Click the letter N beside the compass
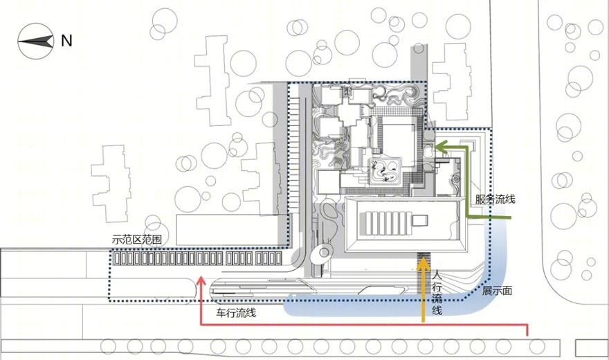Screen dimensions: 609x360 [66, 40]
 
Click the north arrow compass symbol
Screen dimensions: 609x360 [36, 41]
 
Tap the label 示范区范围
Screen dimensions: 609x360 [137, 240]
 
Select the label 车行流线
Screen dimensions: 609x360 [236, 313]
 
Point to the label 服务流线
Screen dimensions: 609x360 [496, 199]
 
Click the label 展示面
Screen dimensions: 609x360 [497, 291]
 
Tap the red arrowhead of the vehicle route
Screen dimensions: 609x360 [201, 280]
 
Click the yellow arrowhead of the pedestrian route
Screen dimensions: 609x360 [424, 263]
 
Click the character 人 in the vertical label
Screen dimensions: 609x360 [437, 277]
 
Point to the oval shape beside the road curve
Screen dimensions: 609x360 [322, 253]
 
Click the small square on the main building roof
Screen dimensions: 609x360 [420, 220]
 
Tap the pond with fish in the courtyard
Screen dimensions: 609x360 [385, 171]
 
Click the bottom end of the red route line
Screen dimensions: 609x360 [527, 335]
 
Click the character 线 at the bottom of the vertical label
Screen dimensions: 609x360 [437, 310]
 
